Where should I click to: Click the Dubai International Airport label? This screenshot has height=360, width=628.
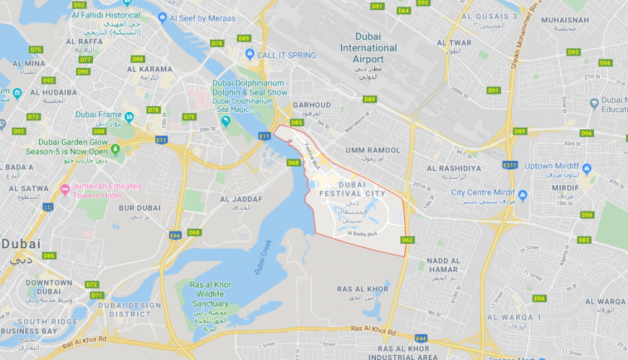coord(368,48)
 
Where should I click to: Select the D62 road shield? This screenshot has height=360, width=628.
coord(406,240)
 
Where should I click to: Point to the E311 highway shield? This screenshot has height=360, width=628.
coord(510,165)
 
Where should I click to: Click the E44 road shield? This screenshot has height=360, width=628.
coord(421,338)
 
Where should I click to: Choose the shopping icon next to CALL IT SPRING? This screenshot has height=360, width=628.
coord(250,54)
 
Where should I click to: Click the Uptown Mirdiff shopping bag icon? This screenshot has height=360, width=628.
coord(586,168)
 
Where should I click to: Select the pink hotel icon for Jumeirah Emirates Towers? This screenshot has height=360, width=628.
coord(66,190)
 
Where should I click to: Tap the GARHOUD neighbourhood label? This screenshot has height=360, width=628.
coord(311,105)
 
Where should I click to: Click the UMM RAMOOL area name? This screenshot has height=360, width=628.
coord(373,150)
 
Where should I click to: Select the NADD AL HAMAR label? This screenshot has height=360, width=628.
coord(442,265)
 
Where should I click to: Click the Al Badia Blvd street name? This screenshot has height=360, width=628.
coord(363,234)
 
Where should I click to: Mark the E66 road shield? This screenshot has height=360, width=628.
coord(175,235)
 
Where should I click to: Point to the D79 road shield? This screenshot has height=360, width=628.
coord(189,117)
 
